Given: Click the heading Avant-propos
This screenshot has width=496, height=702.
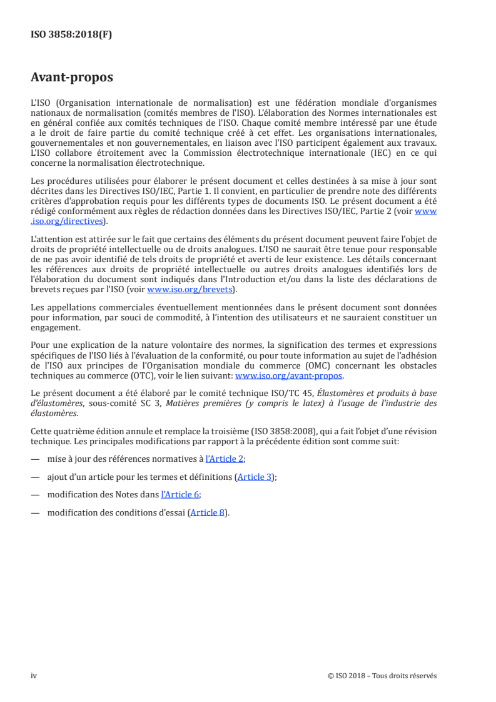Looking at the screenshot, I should (72, 78).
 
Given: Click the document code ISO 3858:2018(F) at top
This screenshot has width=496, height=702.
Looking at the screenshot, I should (71, 34).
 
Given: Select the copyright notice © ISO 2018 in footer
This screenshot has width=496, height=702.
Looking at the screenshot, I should (382, 676).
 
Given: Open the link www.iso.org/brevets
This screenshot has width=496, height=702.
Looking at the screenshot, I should (190, 290).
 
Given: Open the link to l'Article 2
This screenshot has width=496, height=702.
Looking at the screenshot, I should (225, 459).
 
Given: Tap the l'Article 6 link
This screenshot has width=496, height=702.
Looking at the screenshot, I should (180, 494).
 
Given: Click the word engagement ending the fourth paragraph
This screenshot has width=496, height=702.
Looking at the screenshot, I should (55, 327).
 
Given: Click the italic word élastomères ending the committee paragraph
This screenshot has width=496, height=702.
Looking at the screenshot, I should (54, 413).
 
